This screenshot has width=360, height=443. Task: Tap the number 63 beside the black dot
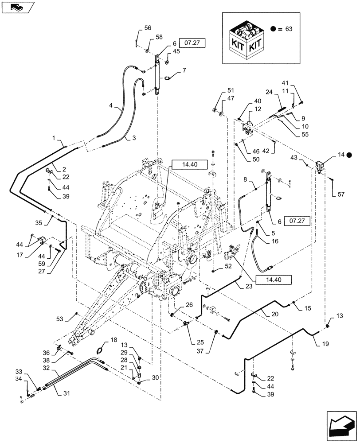tap(289, 29)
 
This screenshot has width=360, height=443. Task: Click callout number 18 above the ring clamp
tap(114, 340)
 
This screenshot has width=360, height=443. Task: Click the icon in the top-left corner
tap(16, 7)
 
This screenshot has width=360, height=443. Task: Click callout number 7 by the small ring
tap(184, 70)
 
